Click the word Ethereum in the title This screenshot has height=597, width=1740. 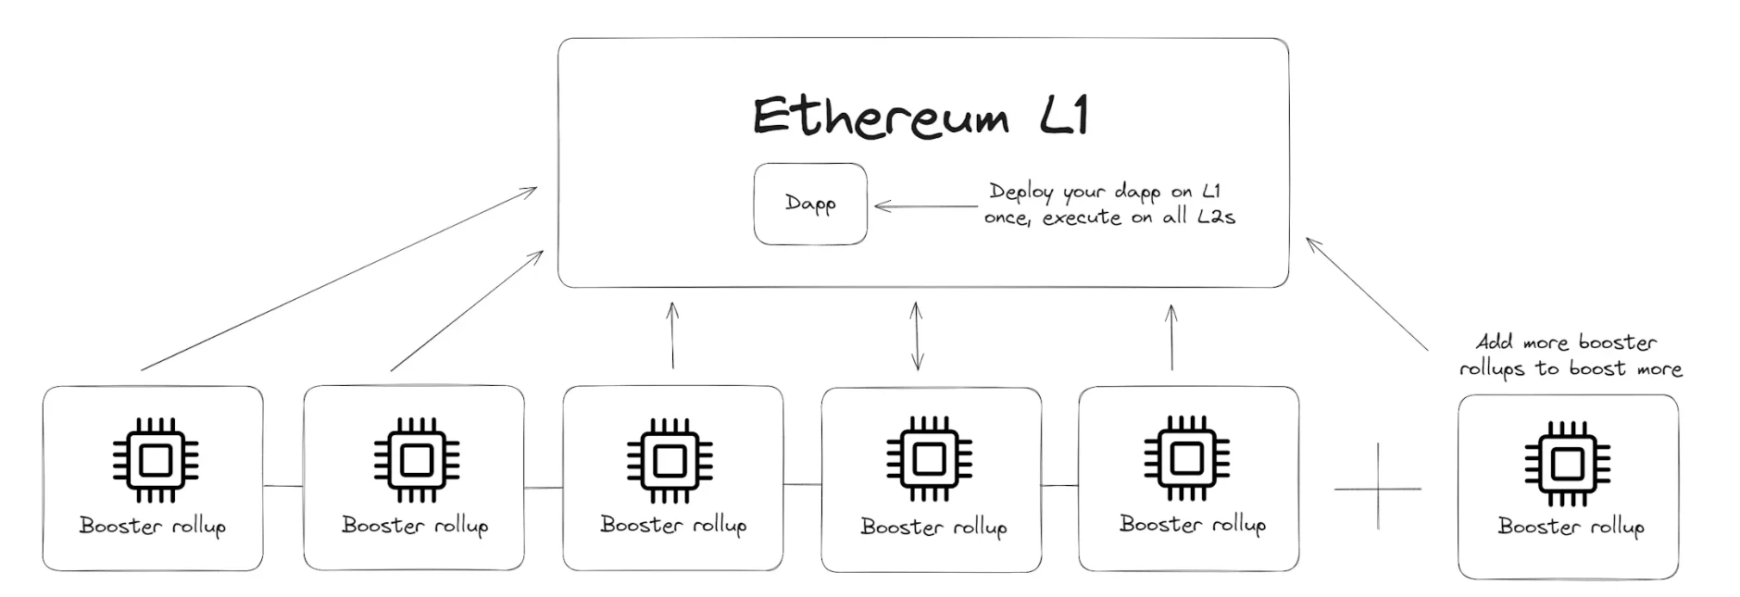point(880,118)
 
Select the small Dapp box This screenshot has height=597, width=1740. point(810,205)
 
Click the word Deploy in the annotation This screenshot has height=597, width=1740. point(1021,193)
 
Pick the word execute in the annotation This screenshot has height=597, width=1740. point(1082,218)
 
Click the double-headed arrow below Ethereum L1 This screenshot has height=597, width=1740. point(917,336)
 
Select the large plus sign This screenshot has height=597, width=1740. point(1378,487)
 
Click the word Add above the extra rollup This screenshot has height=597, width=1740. point(1494,342)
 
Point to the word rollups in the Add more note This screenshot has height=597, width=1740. point(1492,369)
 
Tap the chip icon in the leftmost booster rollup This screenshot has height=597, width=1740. point(155,460)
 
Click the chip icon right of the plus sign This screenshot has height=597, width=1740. point(1567,463)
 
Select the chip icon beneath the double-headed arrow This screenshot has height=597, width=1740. point(929,460)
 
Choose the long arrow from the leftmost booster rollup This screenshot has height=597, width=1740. point(339,279)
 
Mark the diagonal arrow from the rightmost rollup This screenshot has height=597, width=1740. point(1368,294)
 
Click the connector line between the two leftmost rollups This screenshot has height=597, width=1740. point(283,486)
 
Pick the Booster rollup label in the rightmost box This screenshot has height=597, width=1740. point(1571,527)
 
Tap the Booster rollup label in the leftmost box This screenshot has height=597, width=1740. point(153,526)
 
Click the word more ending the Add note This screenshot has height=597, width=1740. point(1659,369)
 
